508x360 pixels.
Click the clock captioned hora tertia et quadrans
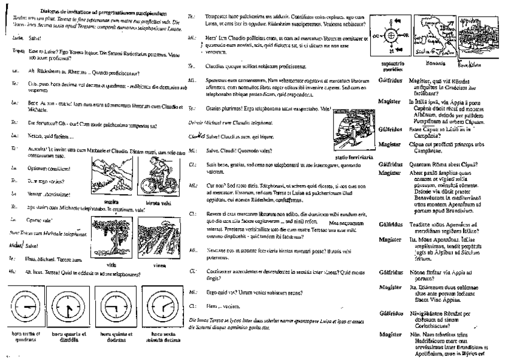(x=26, y=305)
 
